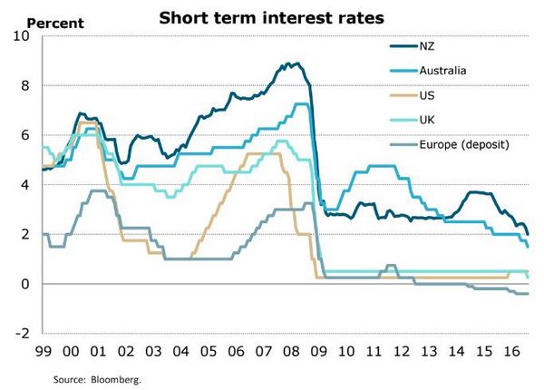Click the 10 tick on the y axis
tap(21, 36)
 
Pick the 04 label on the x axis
tap(180, 350)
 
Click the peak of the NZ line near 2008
tap(294, 63)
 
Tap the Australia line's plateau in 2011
tap(381, 166)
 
